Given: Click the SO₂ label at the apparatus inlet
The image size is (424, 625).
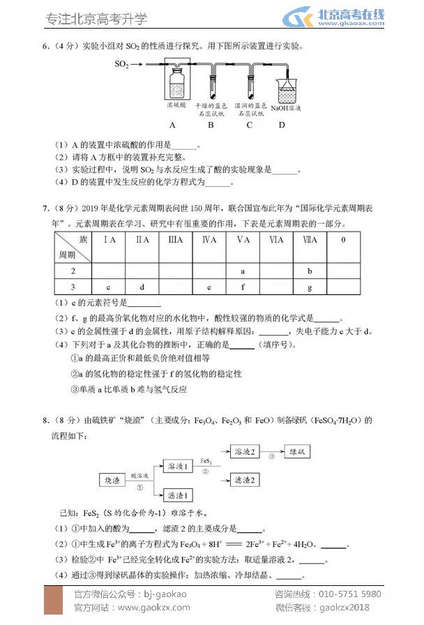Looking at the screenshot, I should pos(123,64).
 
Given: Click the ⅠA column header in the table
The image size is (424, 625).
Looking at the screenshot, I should pos(109,240).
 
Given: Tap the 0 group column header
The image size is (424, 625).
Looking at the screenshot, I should pos(343,240).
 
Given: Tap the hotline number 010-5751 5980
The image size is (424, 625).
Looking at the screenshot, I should pos(347,594).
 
